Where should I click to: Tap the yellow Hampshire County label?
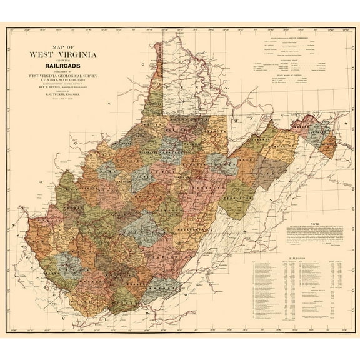(274, 139)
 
